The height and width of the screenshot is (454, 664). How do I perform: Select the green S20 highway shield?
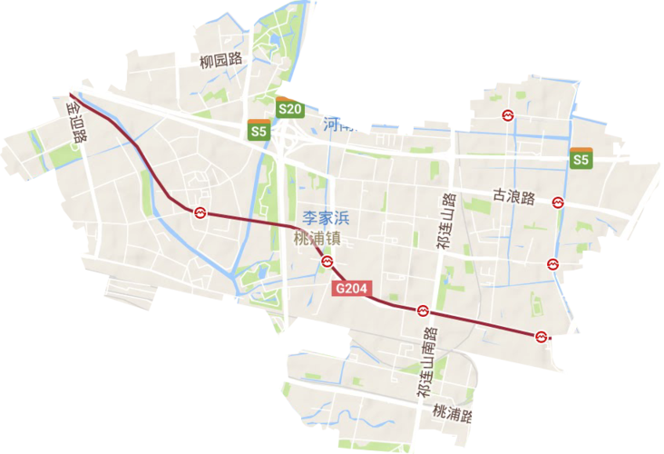pos(288,109)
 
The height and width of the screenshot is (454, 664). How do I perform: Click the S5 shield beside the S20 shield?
pos(259,131)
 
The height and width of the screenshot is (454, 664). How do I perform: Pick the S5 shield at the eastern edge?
pos(581,159)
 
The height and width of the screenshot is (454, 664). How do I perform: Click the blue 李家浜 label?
pos(326,219)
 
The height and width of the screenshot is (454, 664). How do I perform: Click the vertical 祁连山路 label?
pos(444,222)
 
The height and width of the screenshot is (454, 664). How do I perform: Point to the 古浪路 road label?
pos(513,197)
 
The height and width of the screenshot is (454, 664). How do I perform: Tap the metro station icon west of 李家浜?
pos(200,212)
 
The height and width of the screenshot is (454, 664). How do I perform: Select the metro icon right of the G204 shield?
pos(422,311)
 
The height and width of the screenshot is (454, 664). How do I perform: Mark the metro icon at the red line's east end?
pos(541,336)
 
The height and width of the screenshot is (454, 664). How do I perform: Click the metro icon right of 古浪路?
pos(561,202)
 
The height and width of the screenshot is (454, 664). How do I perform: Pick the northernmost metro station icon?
pos(508,114)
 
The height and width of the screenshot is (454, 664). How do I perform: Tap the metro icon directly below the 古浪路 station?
pos(552,264)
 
